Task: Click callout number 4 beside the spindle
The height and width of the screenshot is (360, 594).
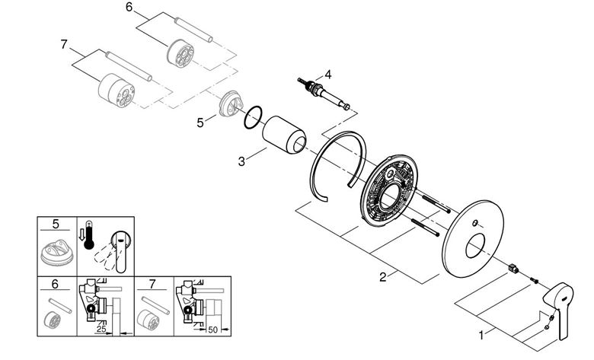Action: point(328,75)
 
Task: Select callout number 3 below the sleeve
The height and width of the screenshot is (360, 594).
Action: point(241,161)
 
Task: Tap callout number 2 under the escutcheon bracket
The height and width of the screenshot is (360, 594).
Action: point(383,277)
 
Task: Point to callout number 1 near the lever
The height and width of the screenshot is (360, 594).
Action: point(481,335)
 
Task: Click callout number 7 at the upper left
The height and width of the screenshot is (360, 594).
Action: point(64,45)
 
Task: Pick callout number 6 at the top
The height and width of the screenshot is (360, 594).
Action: point(129,7)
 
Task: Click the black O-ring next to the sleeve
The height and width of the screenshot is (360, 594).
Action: point(254,117)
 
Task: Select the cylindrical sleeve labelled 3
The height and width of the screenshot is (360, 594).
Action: point(284,135)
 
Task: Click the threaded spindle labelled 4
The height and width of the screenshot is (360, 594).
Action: point(324,94)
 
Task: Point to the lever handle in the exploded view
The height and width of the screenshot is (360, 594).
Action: point(558,309)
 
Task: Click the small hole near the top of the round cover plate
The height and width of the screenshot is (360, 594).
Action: point(474,223)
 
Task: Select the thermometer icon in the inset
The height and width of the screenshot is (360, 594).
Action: point(88,234)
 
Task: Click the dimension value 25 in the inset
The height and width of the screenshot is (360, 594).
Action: point(101,329)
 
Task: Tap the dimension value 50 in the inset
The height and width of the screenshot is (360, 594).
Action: point(213,330)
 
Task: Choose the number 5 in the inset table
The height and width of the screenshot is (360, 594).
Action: point(56,224)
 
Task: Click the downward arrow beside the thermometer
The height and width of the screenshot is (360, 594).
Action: point(81,234)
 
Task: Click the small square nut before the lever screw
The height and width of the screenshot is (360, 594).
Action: point(513,269)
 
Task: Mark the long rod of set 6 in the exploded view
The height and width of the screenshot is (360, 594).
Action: point(193,30)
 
